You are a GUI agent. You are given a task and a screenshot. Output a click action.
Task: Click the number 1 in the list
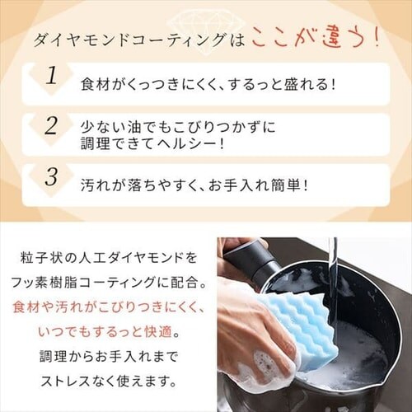52,76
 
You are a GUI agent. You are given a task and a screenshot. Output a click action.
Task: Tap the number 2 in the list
51,126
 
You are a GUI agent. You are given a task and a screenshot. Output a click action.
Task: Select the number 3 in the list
52,176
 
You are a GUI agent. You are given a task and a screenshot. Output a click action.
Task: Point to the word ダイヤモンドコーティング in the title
129,40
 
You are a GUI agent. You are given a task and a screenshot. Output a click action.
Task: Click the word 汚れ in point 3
92,185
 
